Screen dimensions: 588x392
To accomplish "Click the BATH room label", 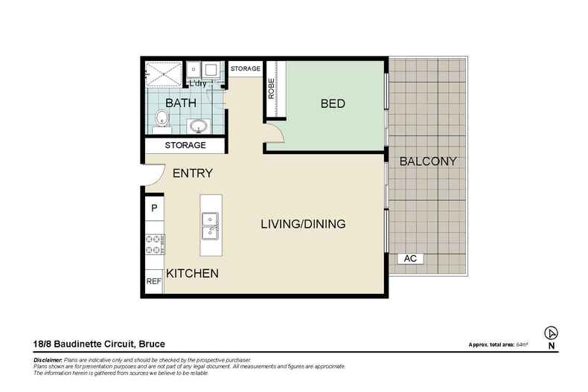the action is click(x=181, y=103).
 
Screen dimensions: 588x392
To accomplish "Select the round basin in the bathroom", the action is click(x=198, y=126).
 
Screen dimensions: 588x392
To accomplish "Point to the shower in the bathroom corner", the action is click(x=164, y=74).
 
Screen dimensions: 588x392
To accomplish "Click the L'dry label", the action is click(x=198, y=83).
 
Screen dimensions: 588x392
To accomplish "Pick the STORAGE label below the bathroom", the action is click(x=185, y=145).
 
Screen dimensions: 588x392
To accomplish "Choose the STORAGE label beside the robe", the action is click(x=246, y=68).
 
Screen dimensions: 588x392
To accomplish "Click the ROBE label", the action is click(x=271, y=89).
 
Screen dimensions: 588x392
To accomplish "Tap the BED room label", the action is click(x=333, y=103).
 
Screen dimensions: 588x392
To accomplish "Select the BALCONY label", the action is click(x=428, y=161).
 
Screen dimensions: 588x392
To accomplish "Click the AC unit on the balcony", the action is click(x=410, y=258).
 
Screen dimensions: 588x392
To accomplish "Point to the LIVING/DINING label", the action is click(x=303, y=224).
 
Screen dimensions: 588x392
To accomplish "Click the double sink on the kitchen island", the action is click(x=211, y=225).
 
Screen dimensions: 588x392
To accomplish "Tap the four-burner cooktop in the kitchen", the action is click(x=155, y=244).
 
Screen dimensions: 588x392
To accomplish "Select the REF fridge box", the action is click(x=154, y=281).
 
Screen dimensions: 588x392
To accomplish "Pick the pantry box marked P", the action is click(x=154, y=208).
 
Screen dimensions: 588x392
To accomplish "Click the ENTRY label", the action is click(x=193, y=173).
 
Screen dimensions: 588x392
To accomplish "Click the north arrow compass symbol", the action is click(x=551, y=332).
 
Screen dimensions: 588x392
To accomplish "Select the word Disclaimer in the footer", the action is click(x=48, y=360).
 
